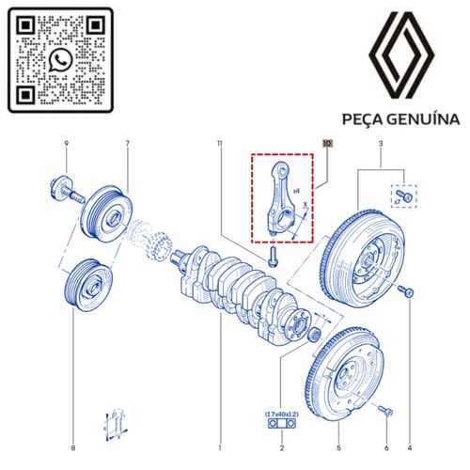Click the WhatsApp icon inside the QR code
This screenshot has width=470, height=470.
tap(61, 60)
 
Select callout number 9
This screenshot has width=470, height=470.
tap(66, 143)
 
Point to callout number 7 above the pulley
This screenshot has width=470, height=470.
tap(127, 143)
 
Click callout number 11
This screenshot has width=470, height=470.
tap(218, 143)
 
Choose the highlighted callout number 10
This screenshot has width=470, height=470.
tap(327, 144)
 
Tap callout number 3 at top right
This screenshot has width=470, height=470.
tap(381, 143)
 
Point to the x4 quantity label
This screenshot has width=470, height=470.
tap(297, 191)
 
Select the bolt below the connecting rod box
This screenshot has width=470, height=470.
tap(273, 255)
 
